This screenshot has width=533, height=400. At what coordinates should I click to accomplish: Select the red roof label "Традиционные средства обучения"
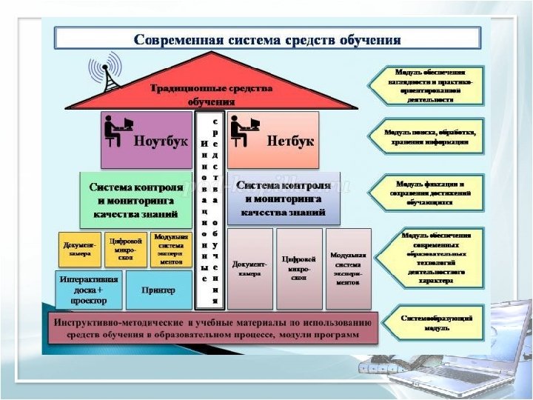[x=212, y=93]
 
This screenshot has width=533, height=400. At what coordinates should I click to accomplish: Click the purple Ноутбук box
[x=146, y=140]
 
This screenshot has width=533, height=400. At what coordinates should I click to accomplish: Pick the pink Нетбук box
[x=272, y=140]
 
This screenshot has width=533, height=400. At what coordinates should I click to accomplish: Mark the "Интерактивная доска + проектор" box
[x=89, y=289]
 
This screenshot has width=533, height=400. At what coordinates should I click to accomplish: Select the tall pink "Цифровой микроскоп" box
[x=299, y=268]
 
